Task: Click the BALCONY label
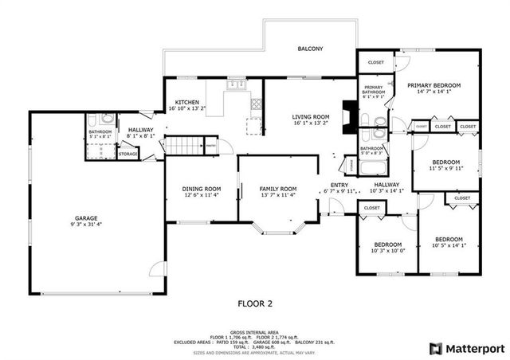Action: click(310, 49)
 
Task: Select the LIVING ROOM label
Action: click(310, 117)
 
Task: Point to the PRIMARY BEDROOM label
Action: click(434, 85)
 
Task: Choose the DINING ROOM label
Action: click(202, 189)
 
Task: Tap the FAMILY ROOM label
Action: click(277, 189)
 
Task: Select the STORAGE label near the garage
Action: click(127, 154)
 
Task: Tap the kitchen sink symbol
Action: click(233, 84)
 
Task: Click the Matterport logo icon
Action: click(435, 349)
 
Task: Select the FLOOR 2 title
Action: click(255, 303)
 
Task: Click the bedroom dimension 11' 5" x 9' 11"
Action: click(446, 168)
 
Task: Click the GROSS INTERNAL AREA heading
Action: click(255, 331)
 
